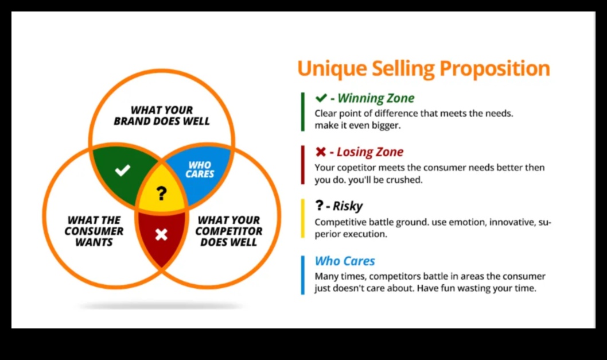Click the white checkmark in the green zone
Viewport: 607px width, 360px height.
click(123, 170)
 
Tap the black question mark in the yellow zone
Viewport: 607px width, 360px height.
click(161, 193)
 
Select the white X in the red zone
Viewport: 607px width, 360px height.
click(161, 234)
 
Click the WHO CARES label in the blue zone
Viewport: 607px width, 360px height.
click(199, 170)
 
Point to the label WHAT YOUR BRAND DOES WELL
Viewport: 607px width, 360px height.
click(161, 115)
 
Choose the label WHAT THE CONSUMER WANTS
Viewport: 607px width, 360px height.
click(94, 231)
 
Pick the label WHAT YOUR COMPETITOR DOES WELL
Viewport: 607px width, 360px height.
click(229, 231)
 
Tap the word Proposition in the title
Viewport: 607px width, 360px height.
click(495, 68)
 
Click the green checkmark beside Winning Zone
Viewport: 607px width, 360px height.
click(321, 98)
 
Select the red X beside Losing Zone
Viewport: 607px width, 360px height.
click(321, 152)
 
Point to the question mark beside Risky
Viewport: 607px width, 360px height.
click(319, 205)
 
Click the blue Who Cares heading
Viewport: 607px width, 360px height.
click(345, 261)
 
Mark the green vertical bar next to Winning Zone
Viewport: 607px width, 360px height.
click(303, 111)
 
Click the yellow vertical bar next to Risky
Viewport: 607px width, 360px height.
click(303, 218)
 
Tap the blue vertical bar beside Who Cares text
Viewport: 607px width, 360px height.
click(303, 275)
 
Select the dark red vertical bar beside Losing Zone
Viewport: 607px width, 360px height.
click(303, 165)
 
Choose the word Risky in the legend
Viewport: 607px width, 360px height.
click(348, 206)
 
